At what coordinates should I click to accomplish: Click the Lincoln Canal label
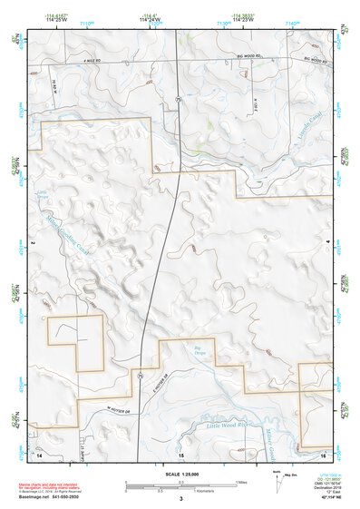pyautogui.click(x=311, y=137)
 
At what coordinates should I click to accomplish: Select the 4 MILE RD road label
pyautogui.click(x=87, y=60)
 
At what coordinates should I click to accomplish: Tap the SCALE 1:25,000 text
pyautogui.click(x=180, y=475)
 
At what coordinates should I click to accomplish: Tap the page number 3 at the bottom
pyautogui.click(x=180, y=498)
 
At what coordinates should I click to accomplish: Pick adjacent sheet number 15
pyautogui.click(x=180, y=453)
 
